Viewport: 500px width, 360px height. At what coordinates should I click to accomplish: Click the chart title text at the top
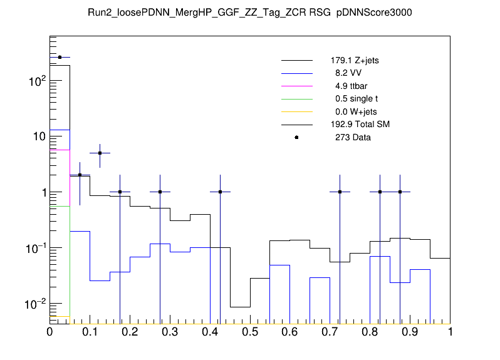(249, 13)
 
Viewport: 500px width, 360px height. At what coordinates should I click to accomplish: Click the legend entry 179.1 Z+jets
(355, 61)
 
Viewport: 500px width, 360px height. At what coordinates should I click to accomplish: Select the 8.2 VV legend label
(350, 73)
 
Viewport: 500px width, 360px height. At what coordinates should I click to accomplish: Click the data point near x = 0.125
(100, 153)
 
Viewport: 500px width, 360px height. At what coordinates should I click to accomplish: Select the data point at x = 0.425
(220, 192)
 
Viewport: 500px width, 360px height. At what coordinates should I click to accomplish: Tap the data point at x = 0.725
(340, 192)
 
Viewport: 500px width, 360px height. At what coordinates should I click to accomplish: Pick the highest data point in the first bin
(60, 57)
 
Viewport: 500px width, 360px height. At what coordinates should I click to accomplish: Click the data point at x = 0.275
(160, 192)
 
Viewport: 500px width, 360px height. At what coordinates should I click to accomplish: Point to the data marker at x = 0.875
(400, 192)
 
